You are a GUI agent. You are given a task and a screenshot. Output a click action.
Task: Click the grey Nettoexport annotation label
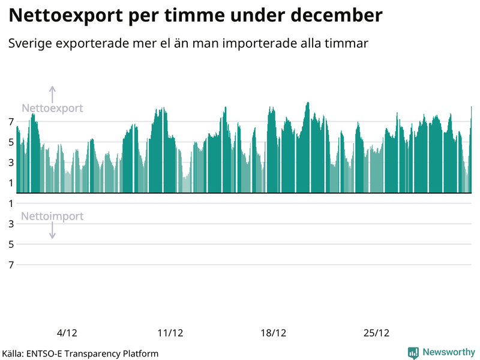[x=52, y=109]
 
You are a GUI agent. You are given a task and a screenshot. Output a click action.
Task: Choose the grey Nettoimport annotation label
[x=52, y=217]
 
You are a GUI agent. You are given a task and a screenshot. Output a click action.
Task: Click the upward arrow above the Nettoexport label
[x=52, y=94]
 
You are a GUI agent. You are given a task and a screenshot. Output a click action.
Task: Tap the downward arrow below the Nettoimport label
[x=52, y=231]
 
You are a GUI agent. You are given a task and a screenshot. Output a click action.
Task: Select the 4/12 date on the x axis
[x=67, y=333]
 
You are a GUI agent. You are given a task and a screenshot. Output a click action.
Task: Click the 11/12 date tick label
[x=170, y=333]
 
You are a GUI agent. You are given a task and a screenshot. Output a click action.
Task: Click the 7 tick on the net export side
[x=11, y=122]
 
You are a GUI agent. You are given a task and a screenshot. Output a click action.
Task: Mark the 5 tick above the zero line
[x=11, y=142]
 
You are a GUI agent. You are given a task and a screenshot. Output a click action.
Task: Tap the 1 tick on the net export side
[x=11, y=183]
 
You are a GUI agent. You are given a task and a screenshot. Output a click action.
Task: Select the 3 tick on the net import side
[x=11, y=224]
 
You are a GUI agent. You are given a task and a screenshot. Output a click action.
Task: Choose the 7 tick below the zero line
[x=11, y=265]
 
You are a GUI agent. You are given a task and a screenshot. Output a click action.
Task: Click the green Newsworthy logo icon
[x=413, y=353]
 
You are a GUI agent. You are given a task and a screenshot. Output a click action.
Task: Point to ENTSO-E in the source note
[x=46, y=353]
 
